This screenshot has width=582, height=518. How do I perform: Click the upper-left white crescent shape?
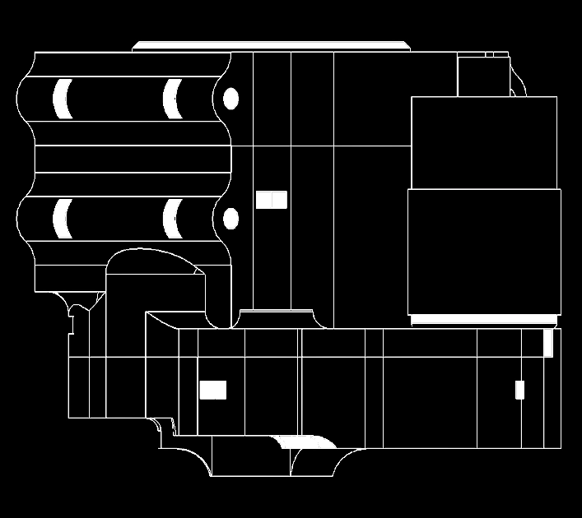coord(59,98)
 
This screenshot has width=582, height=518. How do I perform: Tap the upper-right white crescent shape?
coord(170,99)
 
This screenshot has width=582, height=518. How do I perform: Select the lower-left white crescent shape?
coord(59,218)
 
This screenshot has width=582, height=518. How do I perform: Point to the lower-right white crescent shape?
coord(170,219)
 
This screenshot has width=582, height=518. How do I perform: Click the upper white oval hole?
coord(231,99)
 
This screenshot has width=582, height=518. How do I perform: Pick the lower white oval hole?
coord(231,219)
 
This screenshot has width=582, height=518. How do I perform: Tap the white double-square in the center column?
coord(271,200)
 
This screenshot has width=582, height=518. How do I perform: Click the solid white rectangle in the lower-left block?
coord(212,390)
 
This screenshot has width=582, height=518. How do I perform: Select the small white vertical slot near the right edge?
coord(519,390)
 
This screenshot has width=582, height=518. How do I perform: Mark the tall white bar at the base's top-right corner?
coord(548,343)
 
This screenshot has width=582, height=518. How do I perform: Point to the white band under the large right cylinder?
coord(484,318)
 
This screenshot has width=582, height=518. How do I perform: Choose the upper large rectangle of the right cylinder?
coord(484,142)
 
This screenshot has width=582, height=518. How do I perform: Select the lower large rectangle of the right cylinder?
coord(484,251)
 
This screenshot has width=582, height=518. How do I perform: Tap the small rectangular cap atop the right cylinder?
coord(482,76)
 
